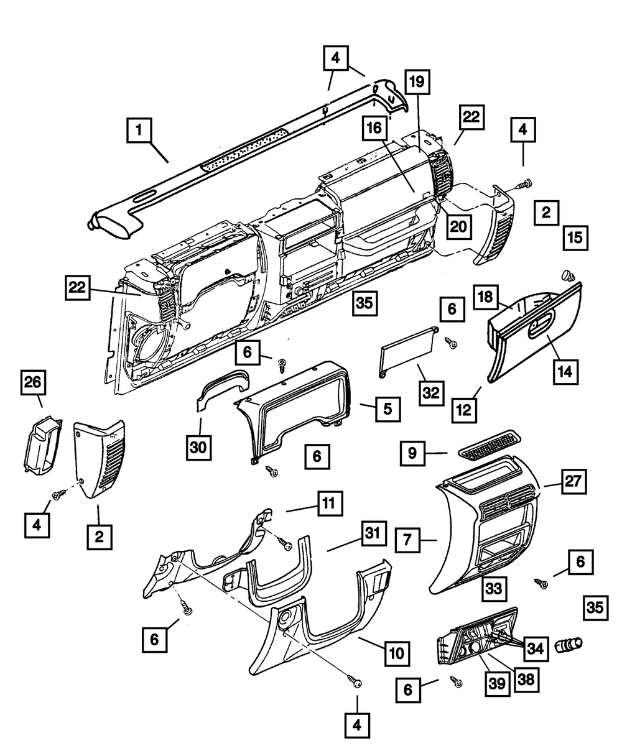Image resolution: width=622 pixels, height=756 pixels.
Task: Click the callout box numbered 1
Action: click(140, 131)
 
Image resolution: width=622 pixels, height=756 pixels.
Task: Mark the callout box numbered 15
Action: click(576, 237)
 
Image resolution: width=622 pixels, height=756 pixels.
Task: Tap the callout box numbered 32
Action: click(430, 392)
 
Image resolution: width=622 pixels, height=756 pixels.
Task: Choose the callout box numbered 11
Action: click(331, 504)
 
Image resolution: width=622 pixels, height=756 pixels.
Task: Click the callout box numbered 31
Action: click(371, 534)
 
